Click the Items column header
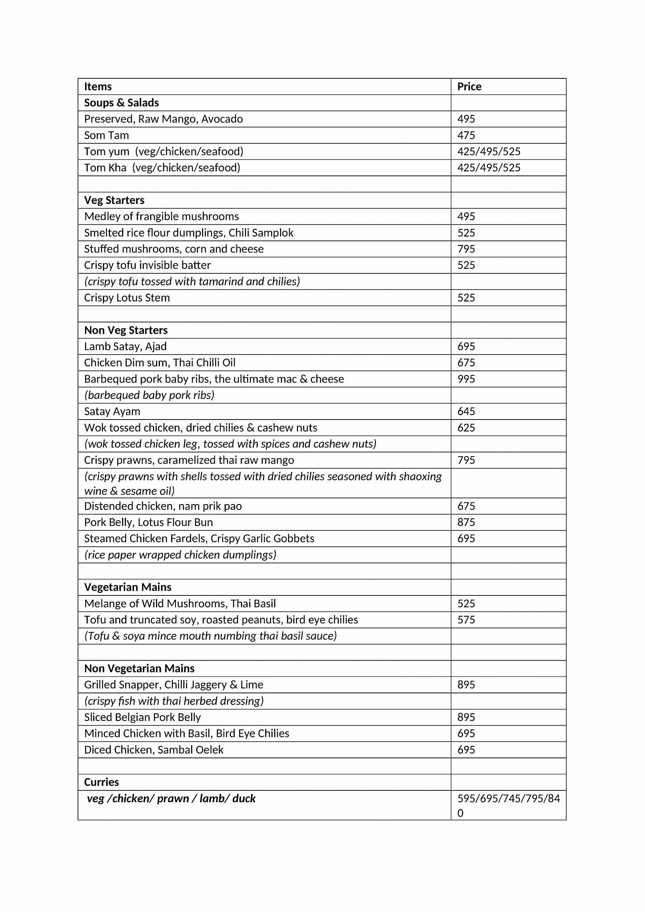(x=98, y=86)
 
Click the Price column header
(x=469, y=86)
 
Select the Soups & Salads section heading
(x=121, y=103)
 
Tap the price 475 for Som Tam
(x=466, y=135)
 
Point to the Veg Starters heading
(x=114, y=200)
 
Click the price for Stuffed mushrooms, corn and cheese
(x=466, y=249)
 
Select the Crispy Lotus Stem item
(x=127, y=298)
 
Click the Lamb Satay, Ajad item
(x=125, y=346)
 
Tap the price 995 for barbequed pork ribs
(x=466, y=379)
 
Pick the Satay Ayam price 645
(x=466, y=411)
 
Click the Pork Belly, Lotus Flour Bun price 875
(x=466, y=522)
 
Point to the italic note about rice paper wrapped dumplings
(x=180, y=555)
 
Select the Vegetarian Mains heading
(x=127, y=587)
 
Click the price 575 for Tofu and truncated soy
(x=466, y=620)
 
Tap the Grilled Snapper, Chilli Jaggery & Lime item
(x=173, y=685)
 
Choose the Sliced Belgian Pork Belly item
(x=142, y=717)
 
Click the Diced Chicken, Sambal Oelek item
(x=154, y=750)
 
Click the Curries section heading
(x=102, y=782)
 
